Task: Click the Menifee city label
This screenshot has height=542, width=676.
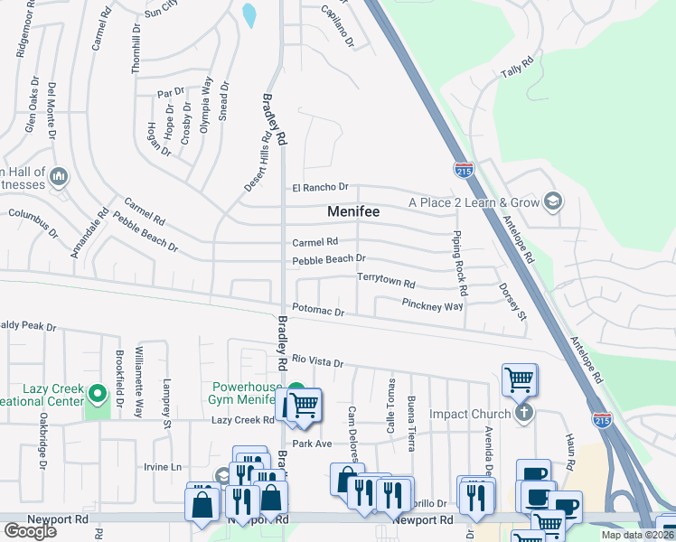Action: (x=352, y=211)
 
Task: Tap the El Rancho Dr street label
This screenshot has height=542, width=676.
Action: (x=320, y=187)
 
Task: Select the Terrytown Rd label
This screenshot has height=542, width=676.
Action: (x=386, y=282)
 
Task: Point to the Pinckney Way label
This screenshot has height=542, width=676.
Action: (x=432, y=305)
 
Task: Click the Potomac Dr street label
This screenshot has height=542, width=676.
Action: (x=318, y=312)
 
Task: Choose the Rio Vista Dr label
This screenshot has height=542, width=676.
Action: (x=317, y=362)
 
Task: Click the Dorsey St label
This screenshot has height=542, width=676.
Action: (x=512, y=302)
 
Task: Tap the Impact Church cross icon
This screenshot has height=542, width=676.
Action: (x=522, y=414)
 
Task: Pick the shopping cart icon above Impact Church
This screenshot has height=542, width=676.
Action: (x=520, y=379)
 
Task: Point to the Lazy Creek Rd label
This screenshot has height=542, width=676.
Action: (x=242, y=420)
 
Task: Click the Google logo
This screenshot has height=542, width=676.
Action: (x=30, y=531)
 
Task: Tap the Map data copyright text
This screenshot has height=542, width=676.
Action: (x=636, y=535)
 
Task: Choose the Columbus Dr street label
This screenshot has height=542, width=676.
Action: (x=33, y=220)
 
